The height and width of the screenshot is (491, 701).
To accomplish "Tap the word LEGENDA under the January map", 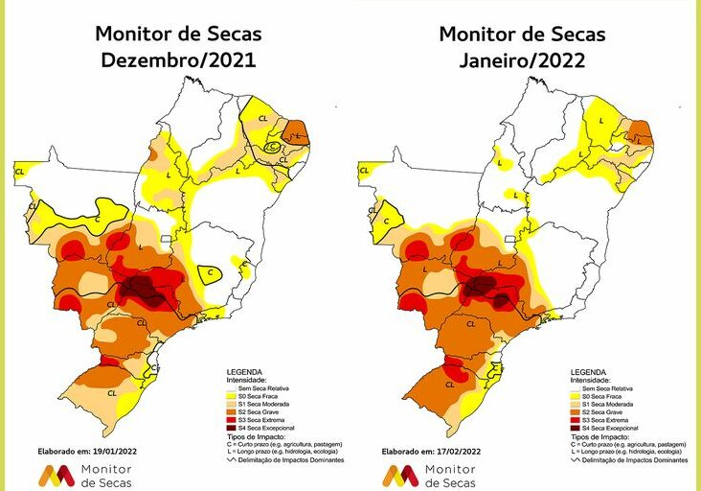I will (591, 370).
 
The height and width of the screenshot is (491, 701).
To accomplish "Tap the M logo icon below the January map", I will (399, 474).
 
